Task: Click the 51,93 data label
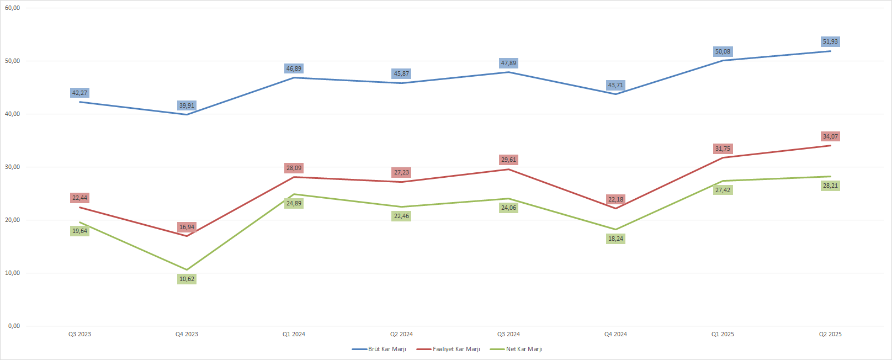[830, 42]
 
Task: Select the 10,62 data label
[187, 279]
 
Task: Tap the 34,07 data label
[830, 137]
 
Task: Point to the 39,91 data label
[187, 106]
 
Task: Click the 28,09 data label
[294, 168]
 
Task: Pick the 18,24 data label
[615, 239]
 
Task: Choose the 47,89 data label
[508, 63]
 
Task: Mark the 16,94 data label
[187, 227]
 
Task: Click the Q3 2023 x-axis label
[79, 335]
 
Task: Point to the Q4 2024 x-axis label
[615, 335]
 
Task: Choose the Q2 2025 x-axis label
[830, 335]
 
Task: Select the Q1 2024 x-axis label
[294, 335]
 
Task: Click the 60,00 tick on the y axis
[13, 8]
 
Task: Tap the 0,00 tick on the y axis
[14, 326]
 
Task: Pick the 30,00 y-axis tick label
[13, 167]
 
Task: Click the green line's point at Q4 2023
[187, 270]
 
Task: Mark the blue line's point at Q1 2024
[294, 77]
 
